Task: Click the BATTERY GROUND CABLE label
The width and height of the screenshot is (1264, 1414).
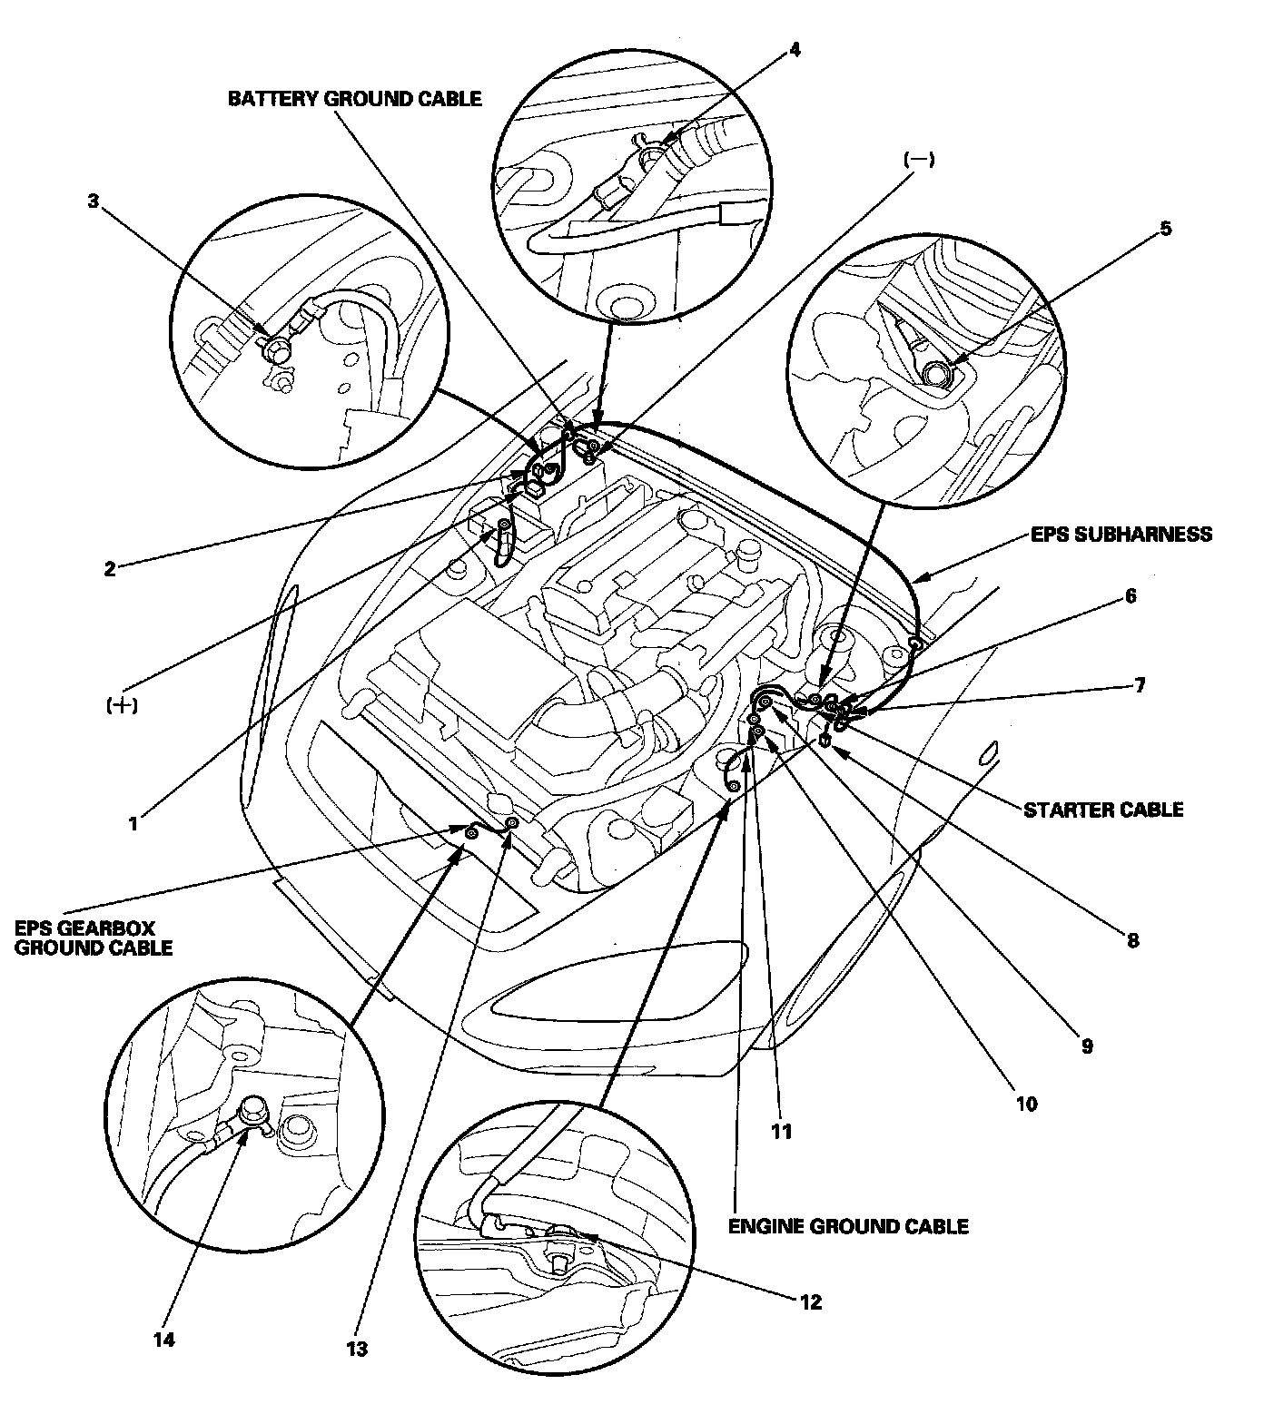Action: point(354,98)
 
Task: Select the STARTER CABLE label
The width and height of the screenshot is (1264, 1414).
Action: point(1103,809)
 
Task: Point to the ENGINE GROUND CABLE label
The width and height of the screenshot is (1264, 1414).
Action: point(848,1226)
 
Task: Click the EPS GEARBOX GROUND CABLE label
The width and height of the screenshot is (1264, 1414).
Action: point(94,938)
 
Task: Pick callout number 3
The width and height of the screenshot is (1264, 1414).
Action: point(93,201)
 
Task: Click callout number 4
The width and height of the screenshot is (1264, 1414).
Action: point(795,49)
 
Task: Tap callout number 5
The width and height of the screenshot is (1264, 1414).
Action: point(1165,228)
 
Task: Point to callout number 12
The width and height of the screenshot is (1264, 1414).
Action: point(810,1302)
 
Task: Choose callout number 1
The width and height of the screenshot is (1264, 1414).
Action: point(133,823)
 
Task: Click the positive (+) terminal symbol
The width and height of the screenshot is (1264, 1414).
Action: point(121,705)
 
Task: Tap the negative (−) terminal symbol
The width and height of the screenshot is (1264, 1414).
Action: point(919,160)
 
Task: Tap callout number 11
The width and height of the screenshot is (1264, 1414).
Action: point(781,1131)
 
